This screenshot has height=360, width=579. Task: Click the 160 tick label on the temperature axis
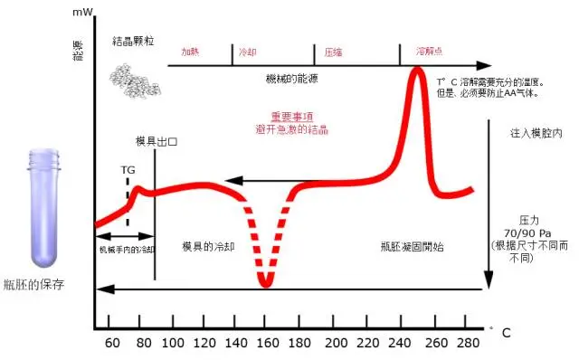(x=264, y=344)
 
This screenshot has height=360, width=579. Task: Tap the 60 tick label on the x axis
(x=111, y=344)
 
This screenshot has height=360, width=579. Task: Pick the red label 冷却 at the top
(x=246, y=53)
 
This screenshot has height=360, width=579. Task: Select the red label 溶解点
(x=427, y=53)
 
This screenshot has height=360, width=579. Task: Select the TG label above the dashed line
(x=128, y=169)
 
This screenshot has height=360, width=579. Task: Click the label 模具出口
(x=155, y=142)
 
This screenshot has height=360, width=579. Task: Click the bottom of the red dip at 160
(x=264, y=283)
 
